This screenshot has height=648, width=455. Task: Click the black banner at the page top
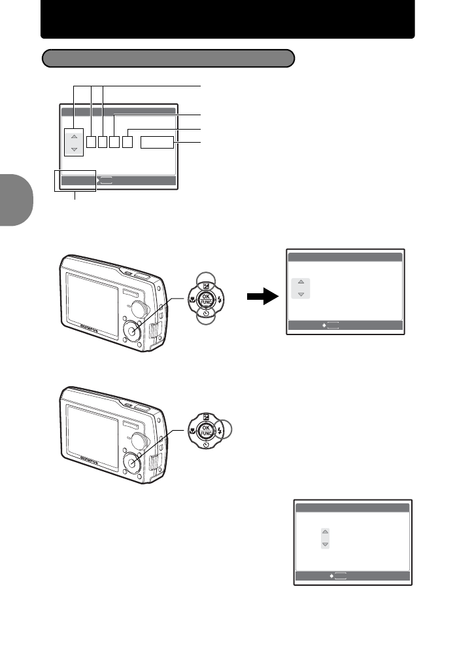coord(227,20)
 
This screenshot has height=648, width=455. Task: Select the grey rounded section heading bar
coord(168,58)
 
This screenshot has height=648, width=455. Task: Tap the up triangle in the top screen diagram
coord(74,136)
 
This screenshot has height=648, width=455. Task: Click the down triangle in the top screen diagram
coord(74,149)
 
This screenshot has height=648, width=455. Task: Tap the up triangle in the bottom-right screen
coord(326,533)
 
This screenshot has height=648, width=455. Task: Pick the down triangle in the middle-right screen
coord(300,295)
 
